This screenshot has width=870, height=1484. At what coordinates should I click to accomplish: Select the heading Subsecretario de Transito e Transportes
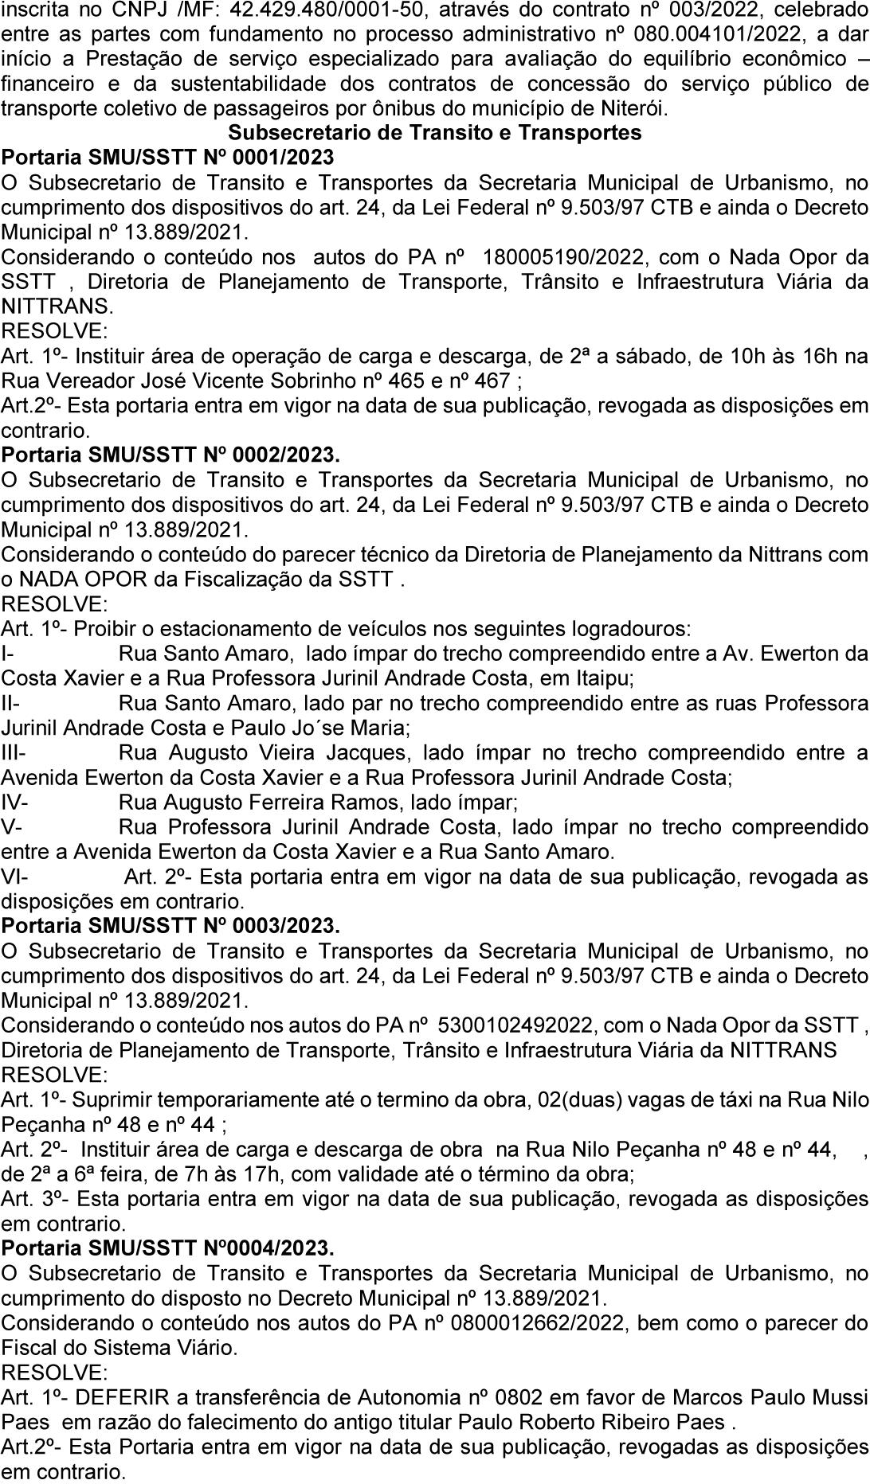click(x=435, y=132)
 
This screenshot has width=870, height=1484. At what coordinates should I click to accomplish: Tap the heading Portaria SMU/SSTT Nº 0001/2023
click(x=168, y=157)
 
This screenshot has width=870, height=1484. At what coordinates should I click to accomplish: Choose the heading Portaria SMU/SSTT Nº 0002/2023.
click(x=170, y=455)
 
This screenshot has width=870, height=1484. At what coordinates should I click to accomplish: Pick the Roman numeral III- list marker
click(x=14, y=752)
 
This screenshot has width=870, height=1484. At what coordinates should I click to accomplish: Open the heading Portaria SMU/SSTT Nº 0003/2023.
click(x=170, y=926)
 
